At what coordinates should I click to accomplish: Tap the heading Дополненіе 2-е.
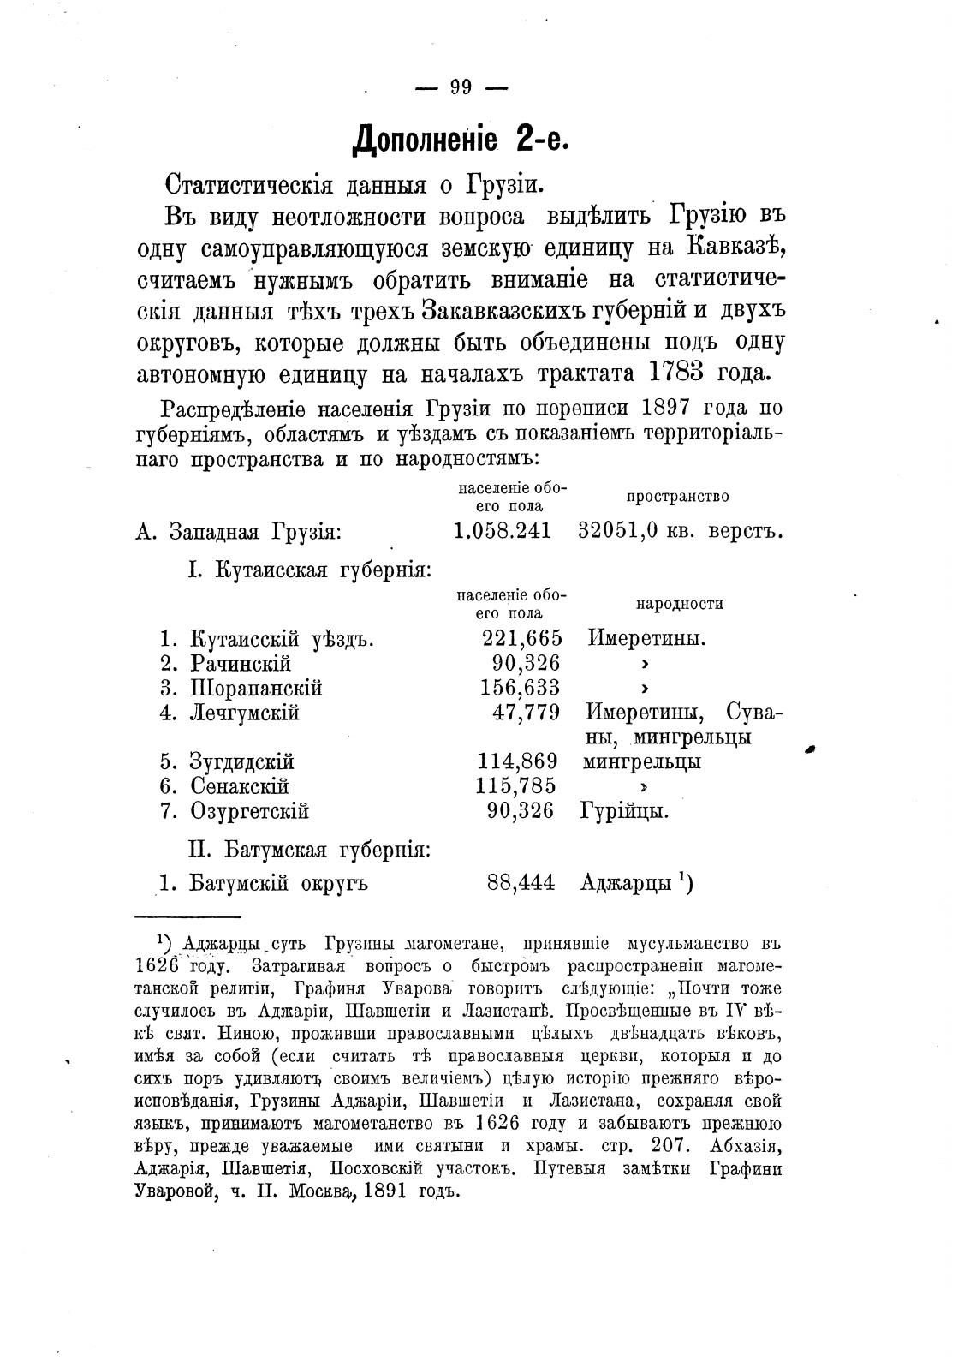point(461,138)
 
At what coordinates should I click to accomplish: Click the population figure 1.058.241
point(502,531)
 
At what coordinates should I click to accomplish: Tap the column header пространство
point(677,497)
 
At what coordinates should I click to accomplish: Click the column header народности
point(679,604)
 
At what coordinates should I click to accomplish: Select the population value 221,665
point(520,638)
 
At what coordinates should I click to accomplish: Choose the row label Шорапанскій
point(256,688)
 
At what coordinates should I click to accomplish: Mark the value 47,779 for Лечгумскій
point(527,713)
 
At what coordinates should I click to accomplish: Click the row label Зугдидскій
point(241,761)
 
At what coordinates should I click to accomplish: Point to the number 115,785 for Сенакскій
point(515,785)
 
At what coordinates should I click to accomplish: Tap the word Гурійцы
point(624,810)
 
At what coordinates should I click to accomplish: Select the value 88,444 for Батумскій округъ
point(521,882)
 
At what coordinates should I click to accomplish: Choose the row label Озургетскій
point(249,810)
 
